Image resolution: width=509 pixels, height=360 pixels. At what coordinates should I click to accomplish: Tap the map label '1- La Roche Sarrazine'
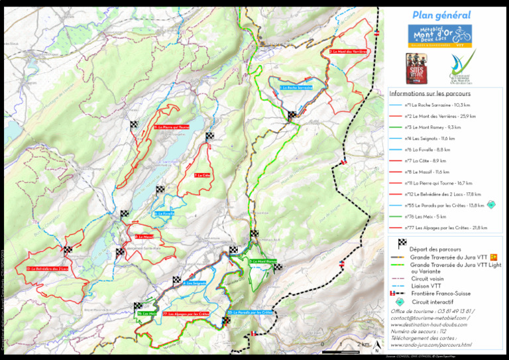tap(296, 88)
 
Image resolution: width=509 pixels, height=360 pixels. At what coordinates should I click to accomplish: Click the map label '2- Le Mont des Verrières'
tap(347, 51)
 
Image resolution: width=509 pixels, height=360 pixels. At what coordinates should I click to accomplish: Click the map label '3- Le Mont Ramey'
tap(262, 261)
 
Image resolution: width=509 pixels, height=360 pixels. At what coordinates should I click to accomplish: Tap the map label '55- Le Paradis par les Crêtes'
tap(250, 312)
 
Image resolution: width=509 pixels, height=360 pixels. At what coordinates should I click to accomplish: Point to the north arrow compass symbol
tap(376, 345)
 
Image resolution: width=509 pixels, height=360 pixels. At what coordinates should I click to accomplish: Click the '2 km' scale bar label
tap(363, 345)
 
